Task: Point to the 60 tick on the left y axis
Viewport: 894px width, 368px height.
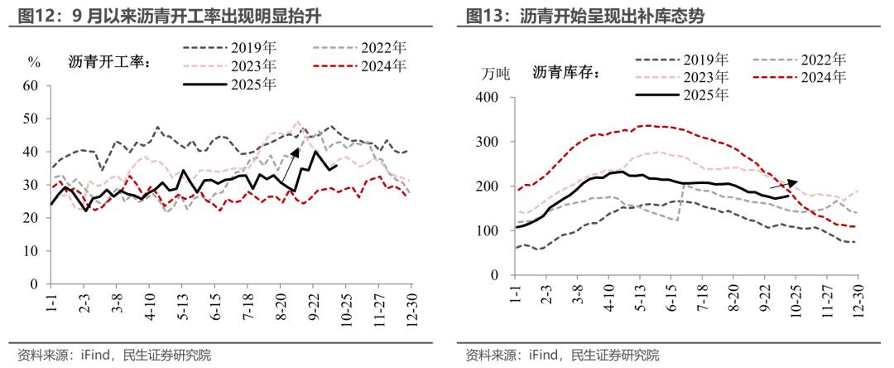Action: pyautogui.click(x=31, y=85)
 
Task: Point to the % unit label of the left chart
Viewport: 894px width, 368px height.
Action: pyautogui.click(x=34, y=63)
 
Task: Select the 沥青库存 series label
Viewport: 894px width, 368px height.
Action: pyautogui.click(x=566, y=73)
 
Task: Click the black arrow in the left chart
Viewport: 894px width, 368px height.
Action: pyautogui.click(x=286, y=166)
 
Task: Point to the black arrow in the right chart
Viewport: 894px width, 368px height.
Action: pyautogui.click(x=783, y=184)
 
